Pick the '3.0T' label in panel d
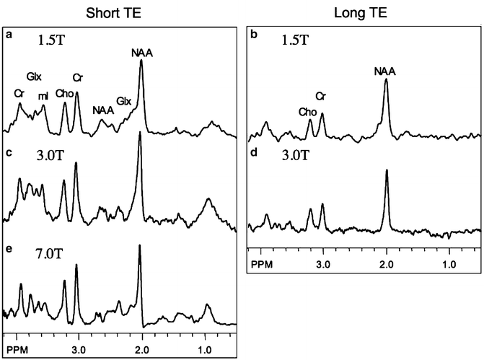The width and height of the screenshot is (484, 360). click(x=296, y=154)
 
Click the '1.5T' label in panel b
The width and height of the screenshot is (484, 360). click(x=296, y=42)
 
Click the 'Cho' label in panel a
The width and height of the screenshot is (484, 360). click(x=63, y=92)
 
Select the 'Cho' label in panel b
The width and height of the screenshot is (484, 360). click(x=307, y=111)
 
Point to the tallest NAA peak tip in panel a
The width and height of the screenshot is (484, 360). click(x=141, y=61)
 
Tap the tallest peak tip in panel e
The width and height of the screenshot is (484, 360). click(x=140, y=246)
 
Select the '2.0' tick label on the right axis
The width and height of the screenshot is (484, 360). click(x=387, y=264)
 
